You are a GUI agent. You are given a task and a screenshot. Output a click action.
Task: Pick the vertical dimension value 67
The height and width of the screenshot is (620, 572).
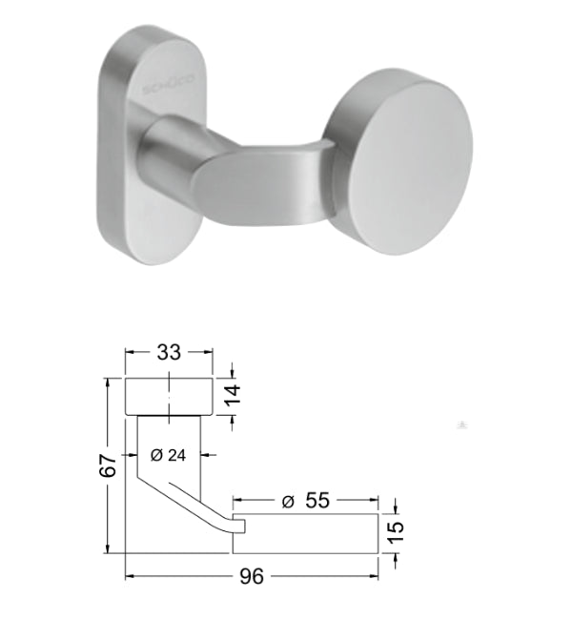pyautogui.click(x=108, y=465)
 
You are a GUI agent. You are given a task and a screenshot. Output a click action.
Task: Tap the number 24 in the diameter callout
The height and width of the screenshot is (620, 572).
pyautogui.click(x=175, y=456)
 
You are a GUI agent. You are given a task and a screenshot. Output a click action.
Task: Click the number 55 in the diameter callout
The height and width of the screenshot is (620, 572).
pyautogui.click(x=318, y=500)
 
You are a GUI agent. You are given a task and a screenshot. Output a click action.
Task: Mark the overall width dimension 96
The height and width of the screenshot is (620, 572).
pyautogui.click(x=253, y=577)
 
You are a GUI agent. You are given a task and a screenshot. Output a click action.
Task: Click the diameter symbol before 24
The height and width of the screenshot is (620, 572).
pyautogui.click(x=154, y=456)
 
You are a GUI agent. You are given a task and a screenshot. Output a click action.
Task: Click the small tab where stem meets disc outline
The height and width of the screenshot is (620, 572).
pyautogui.click(x=239, y=525)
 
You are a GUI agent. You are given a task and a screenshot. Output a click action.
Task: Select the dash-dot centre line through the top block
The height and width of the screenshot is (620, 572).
pyautogui.click(x=169, y=401)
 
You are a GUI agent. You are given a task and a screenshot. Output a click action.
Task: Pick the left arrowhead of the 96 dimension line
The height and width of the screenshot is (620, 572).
pyautogui.click(x=132, y=576)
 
